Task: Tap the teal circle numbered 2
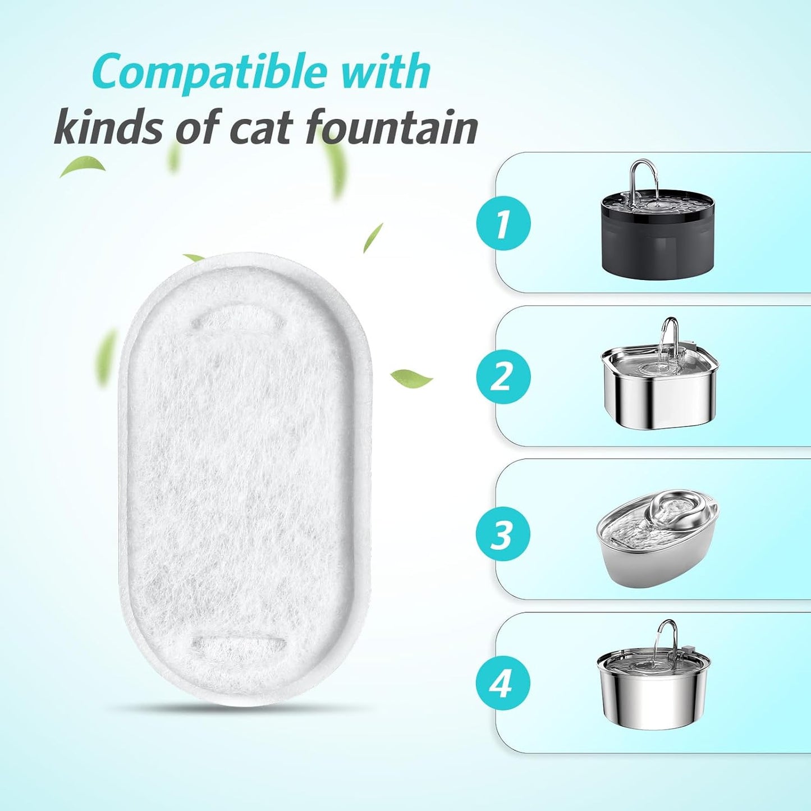pos(503,377)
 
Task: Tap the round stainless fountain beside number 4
pos(653,690)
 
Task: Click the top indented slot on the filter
pos(238,322)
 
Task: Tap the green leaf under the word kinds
pos(83,167)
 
